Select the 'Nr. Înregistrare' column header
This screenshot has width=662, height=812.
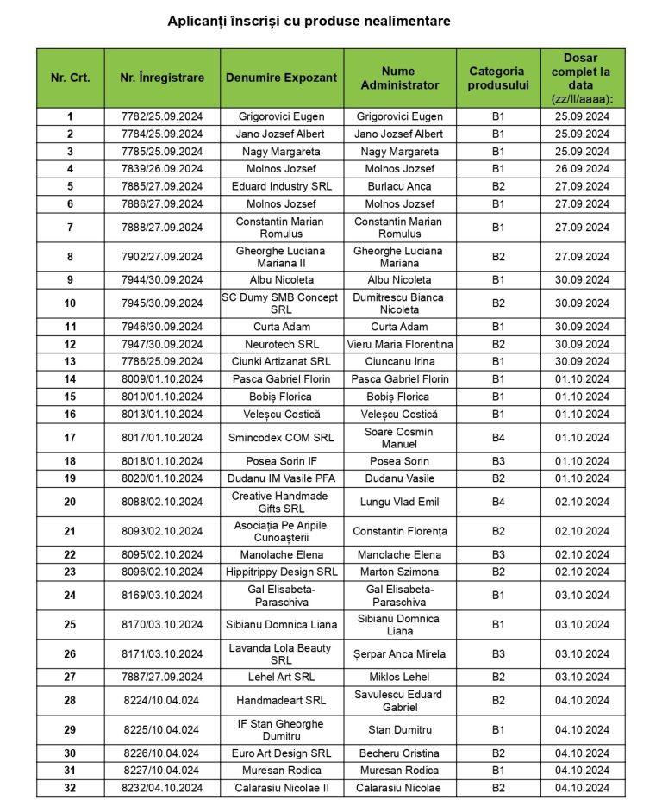(162, 78)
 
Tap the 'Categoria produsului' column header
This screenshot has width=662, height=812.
(496, 78)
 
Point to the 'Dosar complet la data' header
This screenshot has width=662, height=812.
(581, 78)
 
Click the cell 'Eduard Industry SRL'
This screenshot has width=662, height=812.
(282, 186)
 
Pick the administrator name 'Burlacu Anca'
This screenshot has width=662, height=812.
(399, 186)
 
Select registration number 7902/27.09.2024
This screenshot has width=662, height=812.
(162, 257)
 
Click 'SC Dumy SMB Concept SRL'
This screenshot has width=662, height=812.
(282, 303)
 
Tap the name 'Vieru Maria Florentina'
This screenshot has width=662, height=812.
(399, 344)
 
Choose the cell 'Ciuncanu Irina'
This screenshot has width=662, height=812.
(399, 361)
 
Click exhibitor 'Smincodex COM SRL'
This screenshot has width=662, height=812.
(282, 438)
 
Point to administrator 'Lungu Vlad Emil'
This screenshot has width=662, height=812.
(399, 502)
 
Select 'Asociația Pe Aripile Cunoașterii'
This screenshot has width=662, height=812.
(282, 531)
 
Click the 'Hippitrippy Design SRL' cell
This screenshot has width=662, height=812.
(282, 572)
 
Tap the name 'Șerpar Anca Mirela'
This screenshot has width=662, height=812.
(399, 653)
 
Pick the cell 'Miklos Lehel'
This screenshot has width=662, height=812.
(399, 677)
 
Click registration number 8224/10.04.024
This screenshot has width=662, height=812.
(162, 701)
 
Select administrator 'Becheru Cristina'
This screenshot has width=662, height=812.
(399, 753)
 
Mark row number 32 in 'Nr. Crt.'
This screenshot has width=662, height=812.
(70, 788)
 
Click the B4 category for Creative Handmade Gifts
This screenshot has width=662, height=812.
(497, 502)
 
